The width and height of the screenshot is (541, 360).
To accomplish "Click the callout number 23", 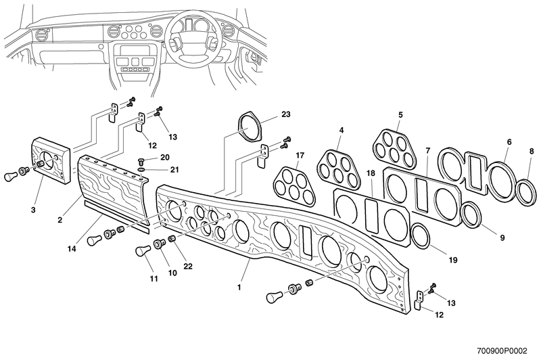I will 266,114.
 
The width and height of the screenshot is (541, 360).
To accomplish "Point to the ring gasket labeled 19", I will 419,238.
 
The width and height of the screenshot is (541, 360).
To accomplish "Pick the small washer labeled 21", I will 139,169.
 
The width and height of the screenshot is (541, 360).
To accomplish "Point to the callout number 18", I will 370,174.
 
